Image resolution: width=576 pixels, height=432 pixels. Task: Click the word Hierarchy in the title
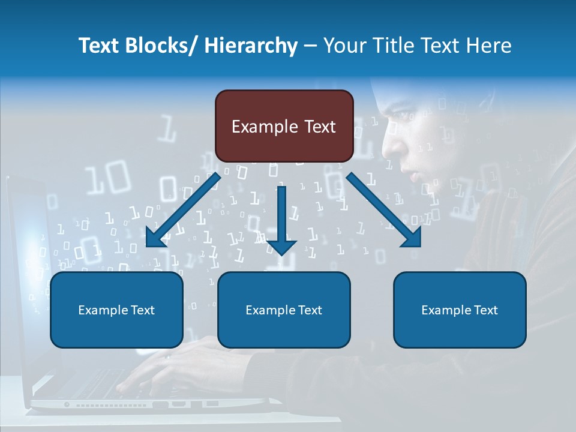(251, 46)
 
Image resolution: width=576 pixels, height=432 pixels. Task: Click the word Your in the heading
(344, 46)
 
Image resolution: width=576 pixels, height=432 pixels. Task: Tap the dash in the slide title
(310, 46)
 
